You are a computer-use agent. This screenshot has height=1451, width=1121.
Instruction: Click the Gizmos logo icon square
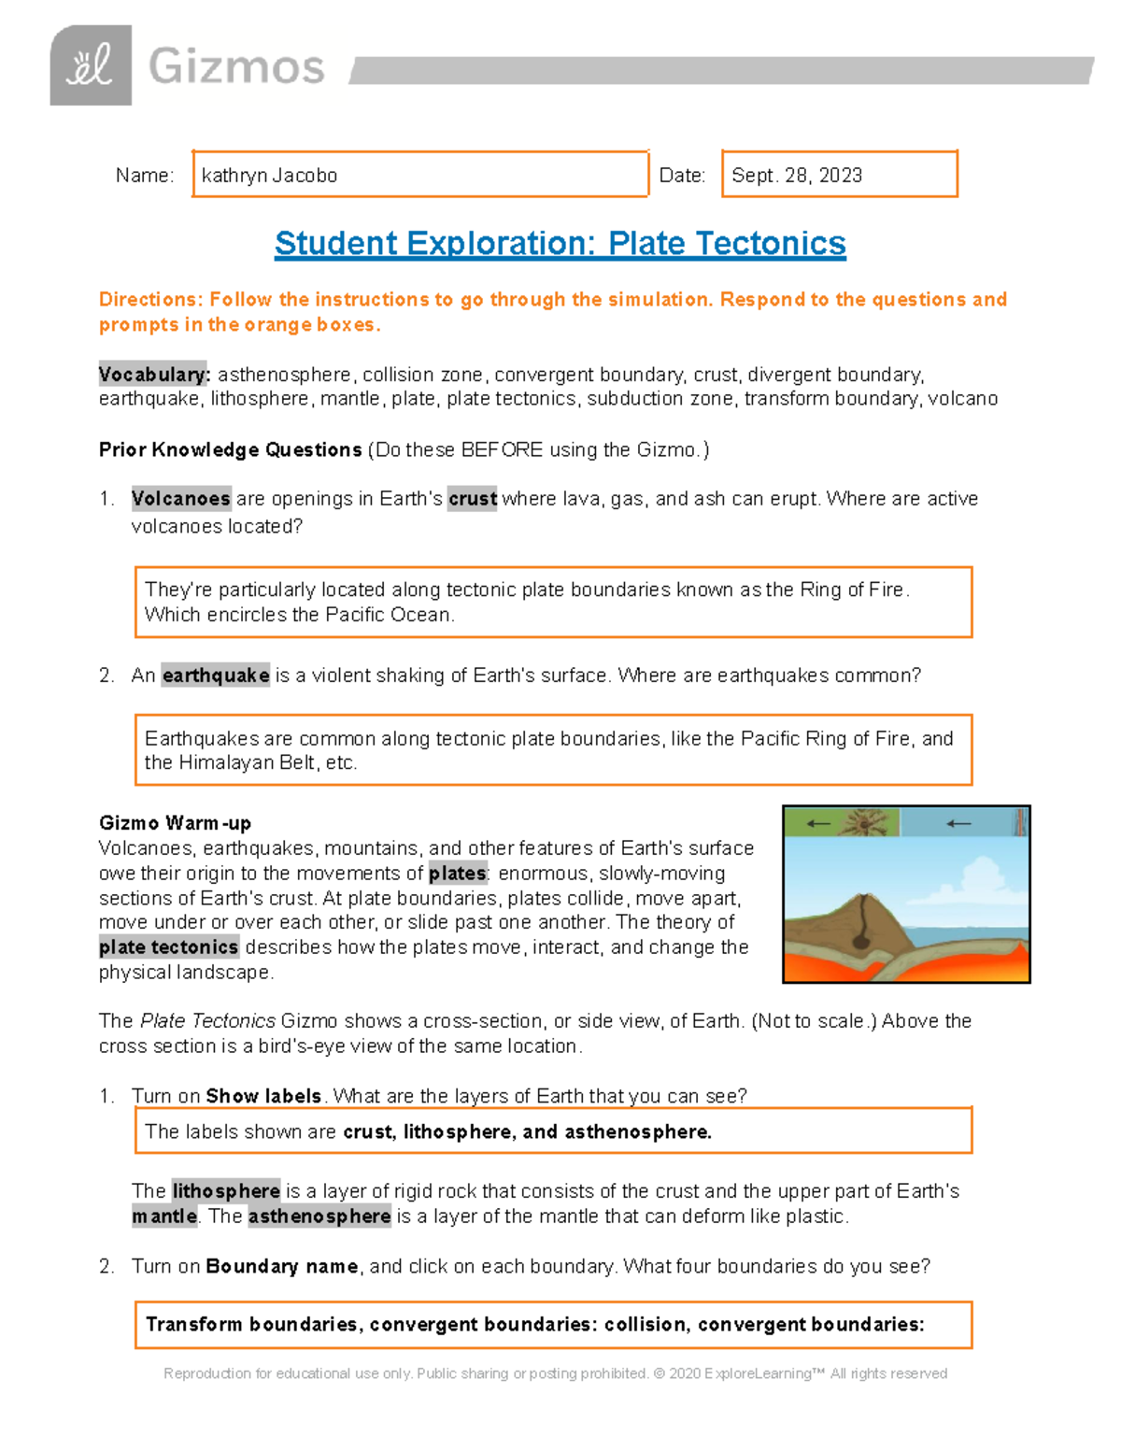91,65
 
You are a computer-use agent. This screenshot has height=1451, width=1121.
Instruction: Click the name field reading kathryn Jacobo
419,175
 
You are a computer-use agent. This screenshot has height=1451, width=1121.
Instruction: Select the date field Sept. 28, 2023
839,175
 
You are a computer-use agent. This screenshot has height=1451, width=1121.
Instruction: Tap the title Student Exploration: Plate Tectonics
560,244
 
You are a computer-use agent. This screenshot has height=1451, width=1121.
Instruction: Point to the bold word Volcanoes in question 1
180,499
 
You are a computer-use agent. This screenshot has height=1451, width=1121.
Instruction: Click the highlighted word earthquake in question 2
216,676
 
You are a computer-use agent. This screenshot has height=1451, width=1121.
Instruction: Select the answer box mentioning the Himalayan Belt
553,750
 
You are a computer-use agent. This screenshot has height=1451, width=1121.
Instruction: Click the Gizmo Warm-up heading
175,823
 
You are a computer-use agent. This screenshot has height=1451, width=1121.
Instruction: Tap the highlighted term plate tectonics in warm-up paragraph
169,947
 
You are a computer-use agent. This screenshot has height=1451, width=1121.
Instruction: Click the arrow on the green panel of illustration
818,823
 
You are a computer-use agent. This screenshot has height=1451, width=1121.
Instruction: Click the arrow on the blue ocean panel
958,823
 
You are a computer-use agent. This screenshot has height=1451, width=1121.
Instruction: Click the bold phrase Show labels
263,1096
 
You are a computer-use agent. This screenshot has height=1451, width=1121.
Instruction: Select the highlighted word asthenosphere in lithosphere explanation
319,1216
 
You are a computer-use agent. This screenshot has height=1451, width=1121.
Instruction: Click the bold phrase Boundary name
281,1267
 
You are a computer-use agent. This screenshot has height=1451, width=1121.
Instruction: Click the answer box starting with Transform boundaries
553,1325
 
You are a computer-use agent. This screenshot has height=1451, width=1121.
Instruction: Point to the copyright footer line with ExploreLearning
555,1373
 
